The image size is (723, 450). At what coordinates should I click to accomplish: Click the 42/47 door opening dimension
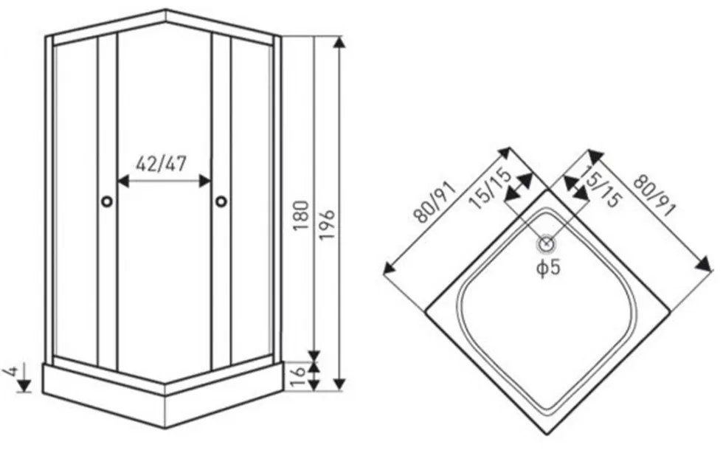pos(161,164)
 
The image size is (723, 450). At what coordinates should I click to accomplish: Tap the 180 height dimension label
pos(301,215)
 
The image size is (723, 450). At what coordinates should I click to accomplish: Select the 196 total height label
pos(326,224)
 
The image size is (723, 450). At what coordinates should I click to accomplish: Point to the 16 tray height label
pos(300,377)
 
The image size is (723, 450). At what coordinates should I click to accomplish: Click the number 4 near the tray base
pos(10,371)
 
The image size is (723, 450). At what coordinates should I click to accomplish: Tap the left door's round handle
pos(107,201)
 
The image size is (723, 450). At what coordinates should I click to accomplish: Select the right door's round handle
pos(221,201)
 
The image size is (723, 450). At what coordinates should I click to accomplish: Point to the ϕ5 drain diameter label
pos(548,268)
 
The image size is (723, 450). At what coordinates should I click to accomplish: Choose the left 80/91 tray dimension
pos(435,202)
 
